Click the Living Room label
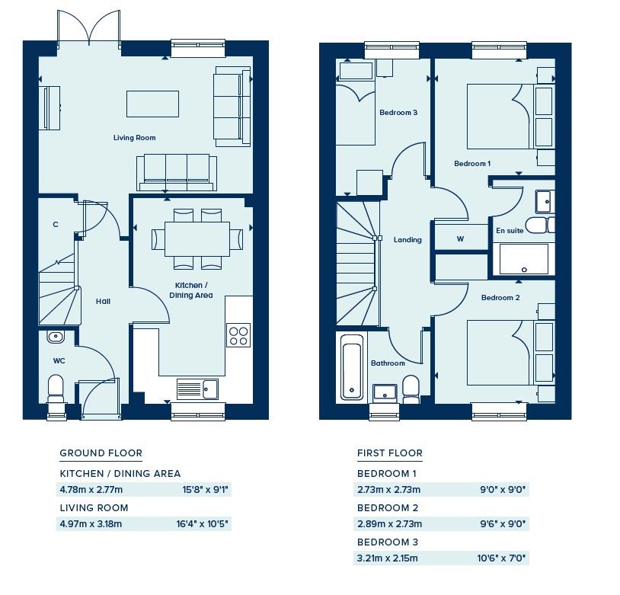coord(135,138)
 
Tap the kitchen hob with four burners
coord(238,335)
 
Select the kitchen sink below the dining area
coord(197,389)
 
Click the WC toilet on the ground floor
coord(56,389)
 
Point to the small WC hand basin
coord(56,337)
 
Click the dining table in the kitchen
coord(197,239)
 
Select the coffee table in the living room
coord(152,104)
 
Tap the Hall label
coord(103,302)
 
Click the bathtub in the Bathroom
coord(353,367)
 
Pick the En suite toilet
coord(545,225)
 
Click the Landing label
coord(407,240)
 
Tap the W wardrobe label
coord(460,239)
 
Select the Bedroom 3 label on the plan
coord(398,112)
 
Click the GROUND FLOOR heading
coord(101,453)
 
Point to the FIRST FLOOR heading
coord(390,453)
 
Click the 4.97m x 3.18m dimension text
coord(91,524)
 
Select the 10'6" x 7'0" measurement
coord(501,558)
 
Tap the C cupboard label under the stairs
coord(56,224)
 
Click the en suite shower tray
coord(524,259)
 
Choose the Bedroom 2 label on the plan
coord(500,297)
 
